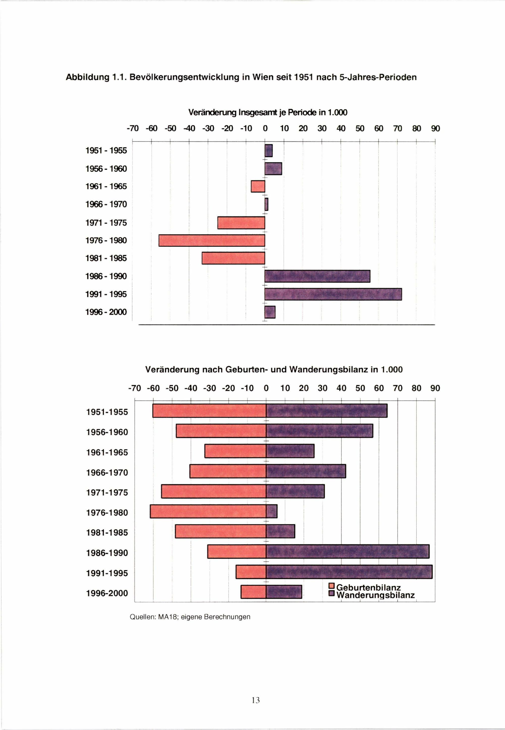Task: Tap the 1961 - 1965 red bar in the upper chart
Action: tap(258, 186)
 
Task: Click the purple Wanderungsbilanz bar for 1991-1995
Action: tap(349, 572)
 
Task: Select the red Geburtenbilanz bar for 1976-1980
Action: tap(208, 512)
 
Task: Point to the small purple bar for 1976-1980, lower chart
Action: tap(271, 512)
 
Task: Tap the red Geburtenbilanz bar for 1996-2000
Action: tap(253, 592)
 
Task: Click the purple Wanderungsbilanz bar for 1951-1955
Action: tap(326, 411)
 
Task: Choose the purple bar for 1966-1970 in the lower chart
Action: tap(306, 471)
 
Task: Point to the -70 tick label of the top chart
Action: tap(133, 129)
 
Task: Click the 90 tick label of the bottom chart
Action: tap(435, 388)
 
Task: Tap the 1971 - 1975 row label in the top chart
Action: tap(106, 223)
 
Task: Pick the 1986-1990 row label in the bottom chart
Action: tap(107, 553)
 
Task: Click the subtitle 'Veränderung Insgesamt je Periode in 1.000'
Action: tap(268, 112)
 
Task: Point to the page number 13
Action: tap(256, 700)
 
